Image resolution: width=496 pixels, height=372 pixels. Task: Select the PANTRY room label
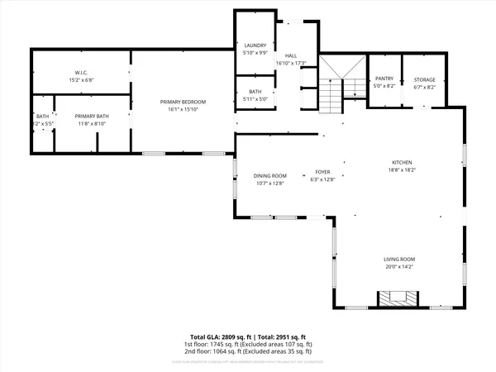[x=382, y=79]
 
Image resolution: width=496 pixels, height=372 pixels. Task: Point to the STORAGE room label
[x=425, y=79]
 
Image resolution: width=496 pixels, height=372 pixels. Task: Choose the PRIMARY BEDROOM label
[x=183, y=102]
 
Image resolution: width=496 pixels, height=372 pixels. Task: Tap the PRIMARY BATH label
[x=92, y=117]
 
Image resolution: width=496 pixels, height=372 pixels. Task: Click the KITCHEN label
[x=402, y=162]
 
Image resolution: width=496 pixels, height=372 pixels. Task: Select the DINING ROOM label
[x=269, y=175]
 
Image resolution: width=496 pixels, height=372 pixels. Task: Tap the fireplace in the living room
[x=389, y=298]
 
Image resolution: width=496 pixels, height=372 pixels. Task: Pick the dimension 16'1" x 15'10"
[x=183, y=109]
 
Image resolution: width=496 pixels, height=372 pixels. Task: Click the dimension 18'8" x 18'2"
[x=402, y=169]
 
